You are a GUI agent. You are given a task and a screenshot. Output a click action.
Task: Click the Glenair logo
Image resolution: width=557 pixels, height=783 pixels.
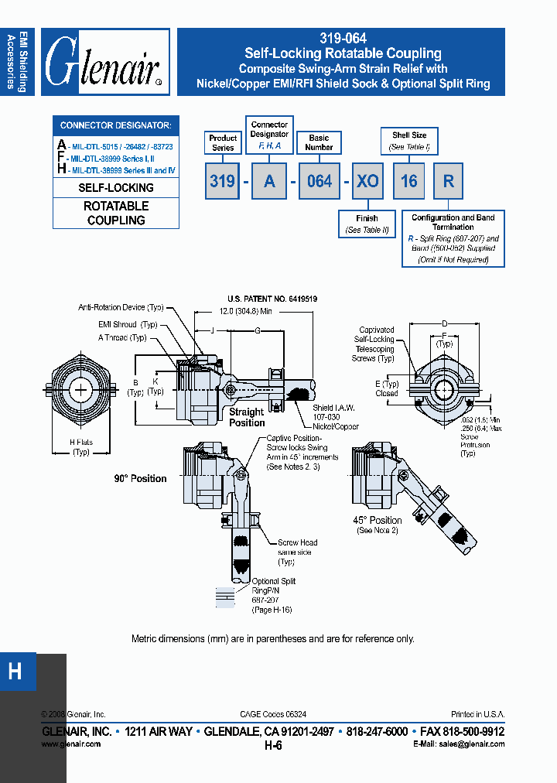[x=104, y=63]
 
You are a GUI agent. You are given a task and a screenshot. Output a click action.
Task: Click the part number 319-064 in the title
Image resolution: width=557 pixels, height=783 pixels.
[x=342, y=38]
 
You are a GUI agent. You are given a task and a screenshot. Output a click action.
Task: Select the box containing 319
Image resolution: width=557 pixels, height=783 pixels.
[x=222, y=181]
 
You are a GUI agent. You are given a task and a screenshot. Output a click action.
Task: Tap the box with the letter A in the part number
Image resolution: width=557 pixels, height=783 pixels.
[x=270, y=181]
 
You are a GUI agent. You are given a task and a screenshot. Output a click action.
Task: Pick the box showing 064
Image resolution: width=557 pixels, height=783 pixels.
[x=319, y=181]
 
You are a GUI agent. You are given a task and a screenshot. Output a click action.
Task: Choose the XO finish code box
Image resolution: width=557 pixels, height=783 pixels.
[x=367, y=181]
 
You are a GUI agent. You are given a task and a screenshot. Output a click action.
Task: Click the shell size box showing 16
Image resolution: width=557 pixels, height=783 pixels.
[x=408, y=181]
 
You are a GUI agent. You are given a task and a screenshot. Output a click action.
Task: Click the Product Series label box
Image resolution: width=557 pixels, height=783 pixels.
[x=223, y=142]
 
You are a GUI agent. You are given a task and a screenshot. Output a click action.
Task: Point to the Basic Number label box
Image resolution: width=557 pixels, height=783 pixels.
[x=319, y=142]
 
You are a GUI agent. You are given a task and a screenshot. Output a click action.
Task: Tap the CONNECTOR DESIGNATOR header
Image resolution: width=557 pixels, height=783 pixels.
[x=115, y=125]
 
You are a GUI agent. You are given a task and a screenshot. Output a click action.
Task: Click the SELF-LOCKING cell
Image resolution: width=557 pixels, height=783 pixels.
[x=116, y=188]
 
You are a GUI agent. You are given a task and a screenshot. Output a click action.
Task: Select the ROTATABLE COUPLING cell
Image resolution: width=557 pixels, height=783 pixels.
[x=116, y=214]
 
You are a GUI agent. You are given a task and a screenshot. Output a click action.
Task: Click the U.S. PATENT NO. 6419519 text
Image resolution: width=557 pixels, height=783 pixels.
[x=272, y=299]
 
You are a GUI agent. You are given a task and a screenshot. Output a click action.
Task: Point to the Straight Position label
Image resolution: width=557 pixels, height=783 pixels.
[x=247, y=418]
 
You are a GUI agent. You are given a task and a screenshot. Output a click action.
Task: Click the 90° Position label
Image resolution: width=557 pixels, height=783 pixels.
[x=140, y=478]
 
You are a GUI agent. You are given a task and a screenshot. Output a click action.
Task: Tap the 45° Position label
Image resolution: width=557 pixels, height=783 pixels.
[x=378, y=520]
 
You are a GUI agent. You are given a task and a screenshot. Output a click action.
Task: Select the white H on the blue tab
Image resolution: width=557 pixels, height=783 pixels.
[x=15, y=672]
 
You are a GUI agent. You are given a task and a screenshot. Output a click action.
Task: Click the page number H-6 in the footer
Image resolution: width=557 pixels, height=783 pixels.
[x=273, y=746]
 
